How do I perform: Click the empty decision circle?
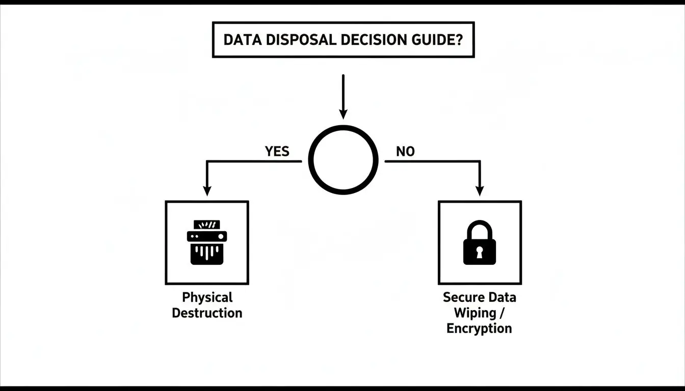click(x=344, y=160)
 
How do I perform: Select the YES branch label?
click(x=277, y=151)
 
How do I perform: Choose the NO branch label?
click(x=405, y=151)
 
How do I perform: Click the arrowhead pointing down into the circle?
click(x=344, y=114)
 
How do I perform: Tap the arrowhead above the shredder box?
click(x=206, y=190)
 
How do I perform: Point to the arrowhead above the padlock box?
click(x=479, y=190)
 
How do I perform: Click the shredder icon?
click(x=207, y=242)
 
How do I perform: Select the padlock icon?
click(x=479, y=243)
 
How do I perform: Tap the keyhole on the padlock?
click(x=479, y=251)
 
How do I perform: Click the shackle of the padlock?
click(x=479, y=228)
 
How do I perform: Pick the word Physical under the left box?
click(x=207, y=297)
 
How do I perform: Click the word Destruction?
click(x=207, y=313)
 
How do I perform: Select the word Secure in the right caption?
click(x=461, y=297)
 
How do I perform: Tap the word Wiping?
click(x=475, y=313)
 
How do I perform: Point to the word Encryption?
click(x=479, y=328)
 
